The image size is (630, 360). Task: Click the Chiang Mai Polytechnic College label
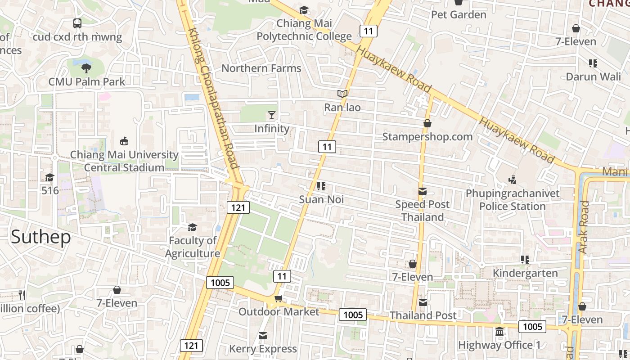point(304,30)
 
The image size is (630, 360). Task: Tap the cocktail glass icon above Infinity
point(272,115)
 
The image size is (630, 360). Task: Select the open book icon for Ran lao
point(342,94)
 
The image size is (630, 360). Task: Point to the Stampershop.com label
point(427,137)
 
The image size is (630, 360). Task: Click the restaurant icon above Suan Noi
point(321,186)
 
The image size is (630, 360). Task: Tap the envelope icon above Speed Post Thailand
point(422,191)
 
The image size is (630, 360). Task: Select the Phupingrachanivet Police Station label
point(513,200)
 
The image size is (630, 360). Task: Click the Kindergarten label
point(525,273)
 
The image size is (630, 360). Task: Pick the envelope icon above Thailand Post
point(423,302)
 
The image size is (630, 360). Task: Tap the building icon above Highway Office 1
point(499,332)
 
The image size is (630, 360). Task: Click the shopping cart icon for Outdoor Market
point(279,298)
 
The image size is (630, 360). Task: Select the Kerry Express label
point(263,349)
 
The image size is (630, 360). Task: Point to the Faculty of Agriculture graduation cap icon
point(192,227)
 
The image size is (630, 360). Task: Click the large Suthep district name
point(40,237)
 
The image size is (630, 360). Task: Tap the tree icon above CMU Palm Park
point(86,68)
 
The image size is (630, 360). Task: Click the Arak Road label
point(583,227)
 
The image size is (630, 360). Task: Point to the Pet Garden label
point(459,15)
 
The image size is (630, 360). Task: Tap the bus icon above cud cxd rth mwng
point(77,23)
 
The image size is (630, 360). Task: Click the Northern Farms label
point(261,68)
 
